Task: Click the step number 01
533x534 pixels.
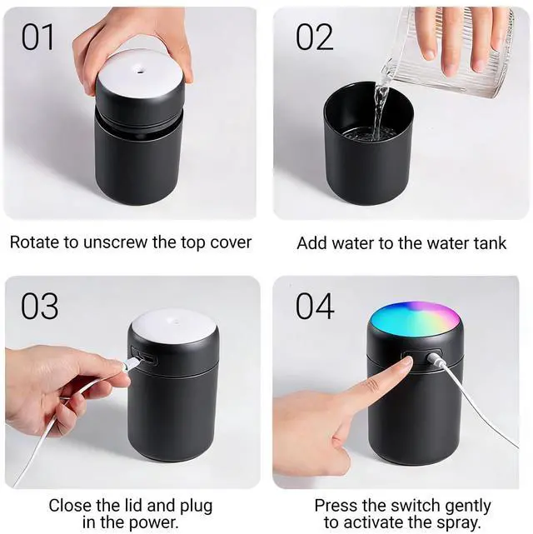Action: (37, 37)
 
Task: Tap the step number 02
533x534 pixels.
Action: (314, 37)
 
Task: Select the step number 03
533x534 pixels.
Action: (39, 306)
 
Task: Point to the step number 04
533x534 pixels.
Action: (315, 306)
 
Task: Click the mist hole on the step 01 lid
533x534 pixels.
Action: (140, 71)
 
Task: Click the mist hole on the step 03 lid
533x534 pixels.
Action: (176, 321)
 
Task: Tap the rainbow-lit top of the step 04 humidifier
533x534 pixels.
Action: (415, 318)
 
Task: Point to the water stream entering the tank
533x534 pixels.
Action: (381, 109)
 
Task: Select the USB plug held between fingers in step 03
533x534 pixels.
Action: (131, 363)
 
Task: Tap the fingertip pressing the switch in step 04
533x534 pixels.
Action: (406, 362)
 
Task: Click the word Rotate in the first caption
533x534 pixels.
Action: (34, 242)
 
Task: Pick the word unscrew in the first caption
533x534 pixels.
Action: (117, 243)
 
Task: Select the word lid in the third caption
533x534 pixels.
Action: (132, 506)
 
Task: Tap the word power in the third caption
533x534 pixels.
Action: (157, 522)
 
